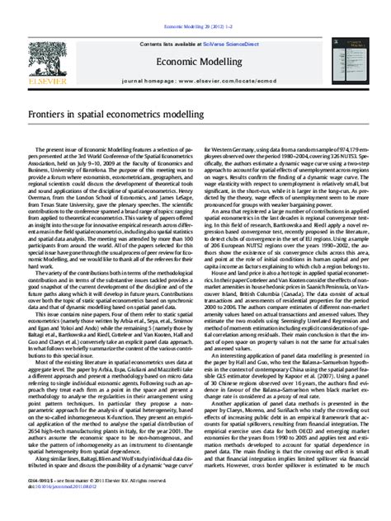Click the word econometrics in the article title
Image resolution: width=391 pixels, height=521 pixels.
[144, 111]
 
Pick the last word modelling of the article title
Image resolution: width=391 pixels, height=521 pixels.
[197, 111]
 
